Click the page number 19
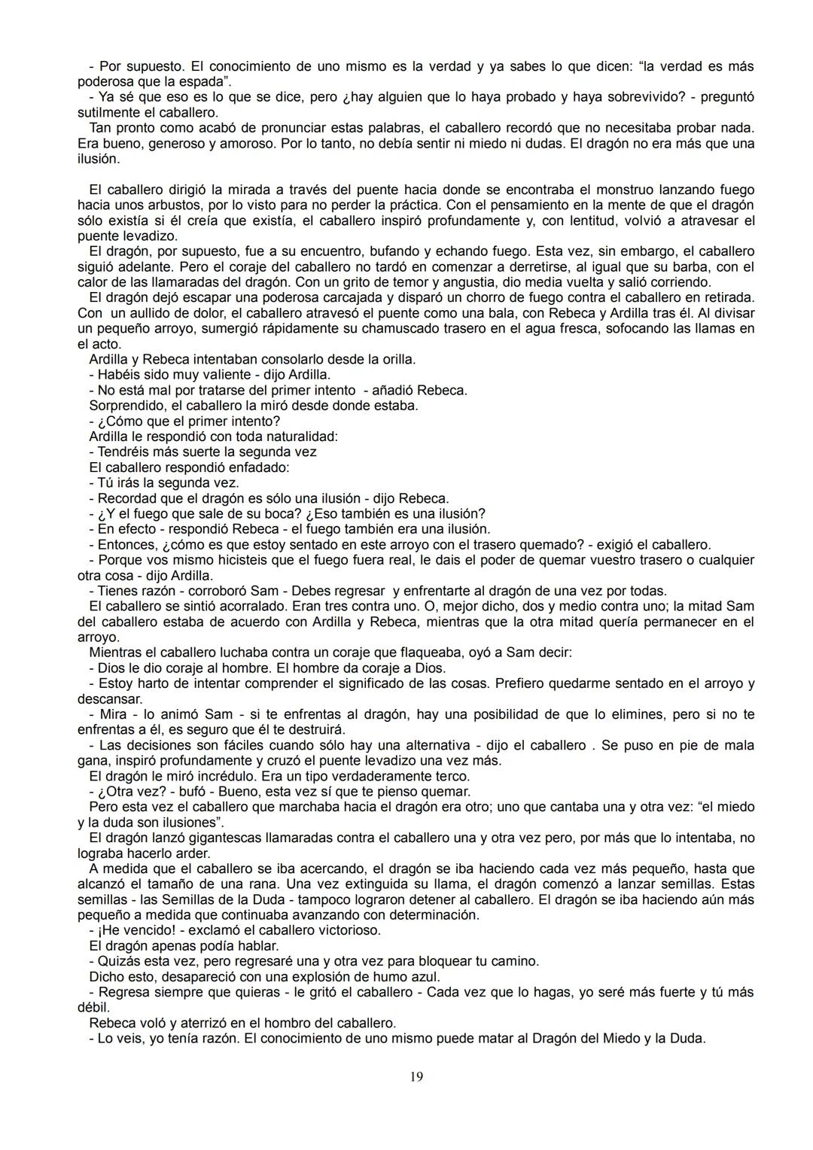(416, 1077)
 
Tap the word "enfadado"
(258, 467)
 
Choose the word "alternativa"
(437, 745)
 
